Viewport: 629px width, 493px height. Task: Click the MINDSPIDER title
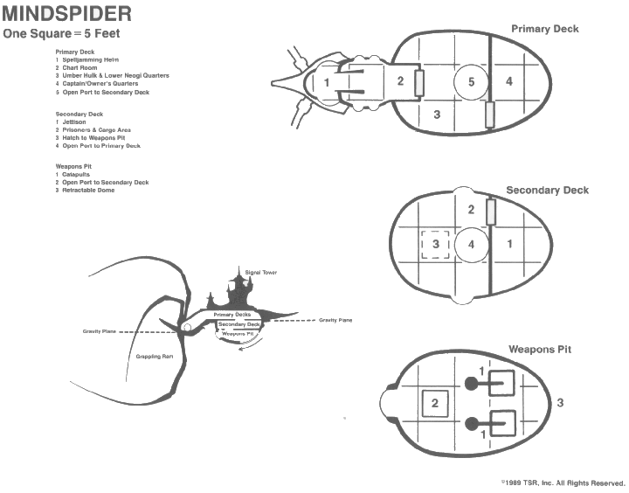[66, 15]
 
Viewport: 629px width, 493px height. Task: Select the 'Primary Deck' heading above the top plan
[544, 29]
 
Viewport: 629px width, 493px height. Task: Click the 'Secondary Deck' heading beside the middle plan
[547, 191]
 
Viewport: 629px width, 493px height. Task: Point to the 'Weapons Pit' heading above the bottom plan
[540, 350]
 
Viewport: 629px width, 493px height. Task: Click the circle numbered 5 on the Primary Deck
[471, 83]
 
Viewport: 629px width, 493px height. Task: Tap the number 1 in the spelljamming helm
[326, 83]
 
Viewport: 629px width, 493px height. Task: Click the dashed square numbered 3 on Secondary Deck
[435, 244]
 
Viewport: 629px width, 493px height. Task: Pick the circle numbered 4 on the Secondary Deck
[471, 244]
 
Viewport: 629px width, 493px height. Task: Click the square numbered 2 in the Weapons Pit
[435, 403]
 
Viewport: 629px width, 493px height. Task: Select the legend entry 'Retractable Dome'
[87, 190]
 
